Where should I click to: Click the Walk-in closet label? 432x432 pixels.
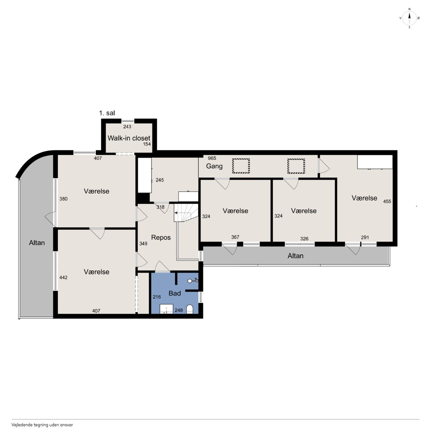tap(129, 138)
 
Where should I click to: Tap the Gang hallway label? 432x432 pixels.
tap(214, 166)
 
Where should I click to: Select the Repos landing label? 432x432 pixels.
tap(161, 237)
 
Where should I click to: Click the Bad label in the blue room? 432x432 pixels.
tap(174, 293)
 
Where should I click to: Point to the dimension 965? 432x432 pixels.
tap(212, 158)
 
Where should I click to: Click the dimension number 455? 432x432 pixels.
tap(387, 201)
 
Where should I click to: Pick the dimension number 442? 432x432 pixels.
tap(63, 277)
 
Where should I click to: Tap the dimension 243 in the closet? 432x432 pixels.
tap(127, 127)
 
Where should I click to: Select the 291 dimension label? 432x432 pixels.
tap(365, 237)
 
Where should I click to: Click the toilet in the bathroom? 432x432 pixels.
tap(189, 309)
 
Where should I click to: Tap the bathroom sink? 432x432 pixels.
tap(166, 309)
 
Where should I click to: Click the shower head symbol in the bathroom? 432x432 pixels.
tap(193, 280)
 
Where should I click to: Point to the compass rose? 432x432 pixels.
tap(409, 18)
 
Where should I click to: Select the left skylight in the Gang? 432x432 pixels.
tap(241, 166)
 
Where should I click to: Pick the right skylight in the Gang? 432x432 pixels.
tap(296, 166)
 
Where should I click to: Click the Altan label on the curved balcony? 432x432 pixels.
tap(37, 243)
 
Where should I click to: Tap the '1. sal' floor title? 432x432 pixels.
tap(107, 113)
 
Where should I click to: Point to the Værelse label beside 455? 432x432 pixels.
tap(364, 198)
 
